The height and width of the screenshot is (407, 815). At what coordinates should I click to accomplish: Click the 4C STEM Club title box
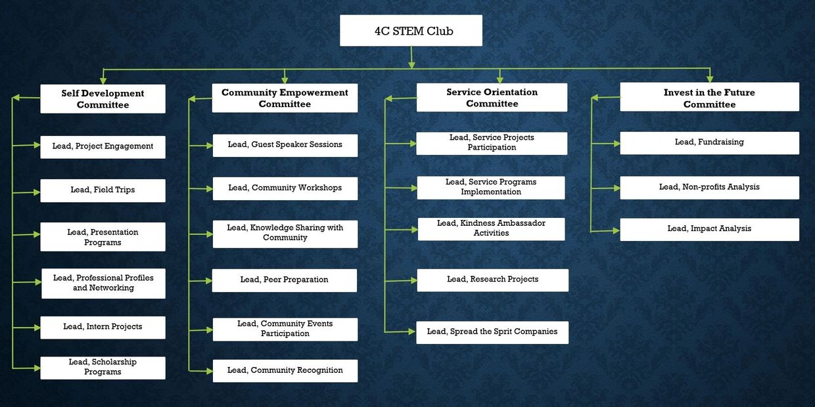[x=411, y=31]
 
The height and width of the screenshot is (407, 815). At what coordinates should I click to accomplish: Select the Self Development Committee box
[x=103, y=99]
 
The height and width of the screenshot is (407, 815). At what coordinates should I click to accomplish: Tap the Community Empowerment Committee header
[x=285, y=98]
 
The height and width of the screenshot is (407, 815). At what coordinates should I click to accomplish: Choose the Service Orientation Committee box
[x=492, y=98]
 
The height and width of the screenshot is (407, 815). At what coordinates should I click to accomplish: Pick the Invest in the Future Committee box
[x=709, y=98]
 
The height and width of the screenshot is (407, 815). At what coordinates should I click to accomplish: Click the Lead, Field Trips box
[x=103, y=190]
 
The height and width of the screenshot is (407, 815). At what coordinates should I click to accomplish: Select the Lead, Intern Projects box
[x=103, y=327]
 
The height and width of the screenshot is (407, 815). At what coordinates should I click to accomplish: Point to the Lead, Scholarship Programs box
[x=103, y=367]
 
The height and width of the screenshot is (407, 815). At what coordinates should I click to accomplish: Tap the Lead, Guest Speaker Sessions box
[x=285, y=145]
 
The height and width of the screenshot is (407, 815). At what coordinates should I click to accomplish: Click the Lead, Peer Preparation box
[x=284, y=280]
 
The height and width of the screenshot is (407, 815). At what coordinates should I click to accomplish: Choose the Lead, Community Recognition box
[x=285, y=370]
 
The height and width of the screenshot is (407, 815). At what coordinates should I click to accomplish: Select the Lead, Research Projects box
[x=492, y=280]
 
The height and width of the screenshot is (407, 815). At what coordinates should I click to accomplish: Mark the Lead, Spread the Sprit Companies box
[x=492, y=332]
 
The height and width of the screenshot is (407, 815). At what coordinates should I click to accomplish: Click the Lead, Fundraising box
[x=709, y=142]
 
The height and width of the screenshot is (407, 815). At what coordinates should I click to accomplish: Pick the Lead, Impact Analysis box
[x=709, y=229]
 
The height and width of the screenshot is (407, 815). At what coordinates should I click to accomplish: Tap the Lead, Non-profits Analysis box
[x=709, y=187]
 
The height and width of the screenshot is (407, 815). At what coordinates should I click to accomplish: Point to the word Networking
[x=103, y=288]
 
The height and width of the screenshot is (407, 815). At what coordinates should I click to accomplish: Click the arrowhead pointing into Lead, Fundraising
[x=616, y=142]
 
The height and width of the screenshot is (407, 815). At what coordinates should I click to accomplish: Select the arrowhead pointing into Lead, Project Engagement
[x=36, y=146]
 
